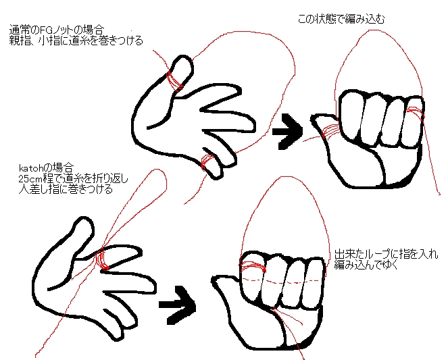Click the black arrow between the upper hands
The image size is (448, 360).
[287, 131]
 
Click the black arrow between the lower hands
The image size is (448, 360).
[177, 305]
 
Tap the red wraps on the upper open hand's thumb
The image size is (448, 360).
[175, 81]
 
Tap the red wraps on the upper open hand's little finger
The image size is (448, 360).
[208, 161]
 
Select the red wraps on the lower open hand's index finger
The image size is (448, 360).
[102, 259]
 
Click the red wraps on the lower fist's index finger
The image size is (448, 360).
[253, 267]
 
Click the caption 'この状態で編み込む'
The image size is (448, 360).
[341, 19]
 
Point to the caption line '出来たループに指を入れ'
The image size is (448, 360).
[386, 254]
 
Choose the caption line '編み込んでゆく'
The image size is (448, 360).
[366, 265]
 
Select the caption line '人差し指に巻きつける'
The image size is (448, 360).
[66, 189]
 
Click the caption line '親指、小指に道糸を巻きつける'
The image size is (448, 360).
[76, 41]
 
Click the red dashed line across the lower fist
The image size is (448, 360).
[283, 281]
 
